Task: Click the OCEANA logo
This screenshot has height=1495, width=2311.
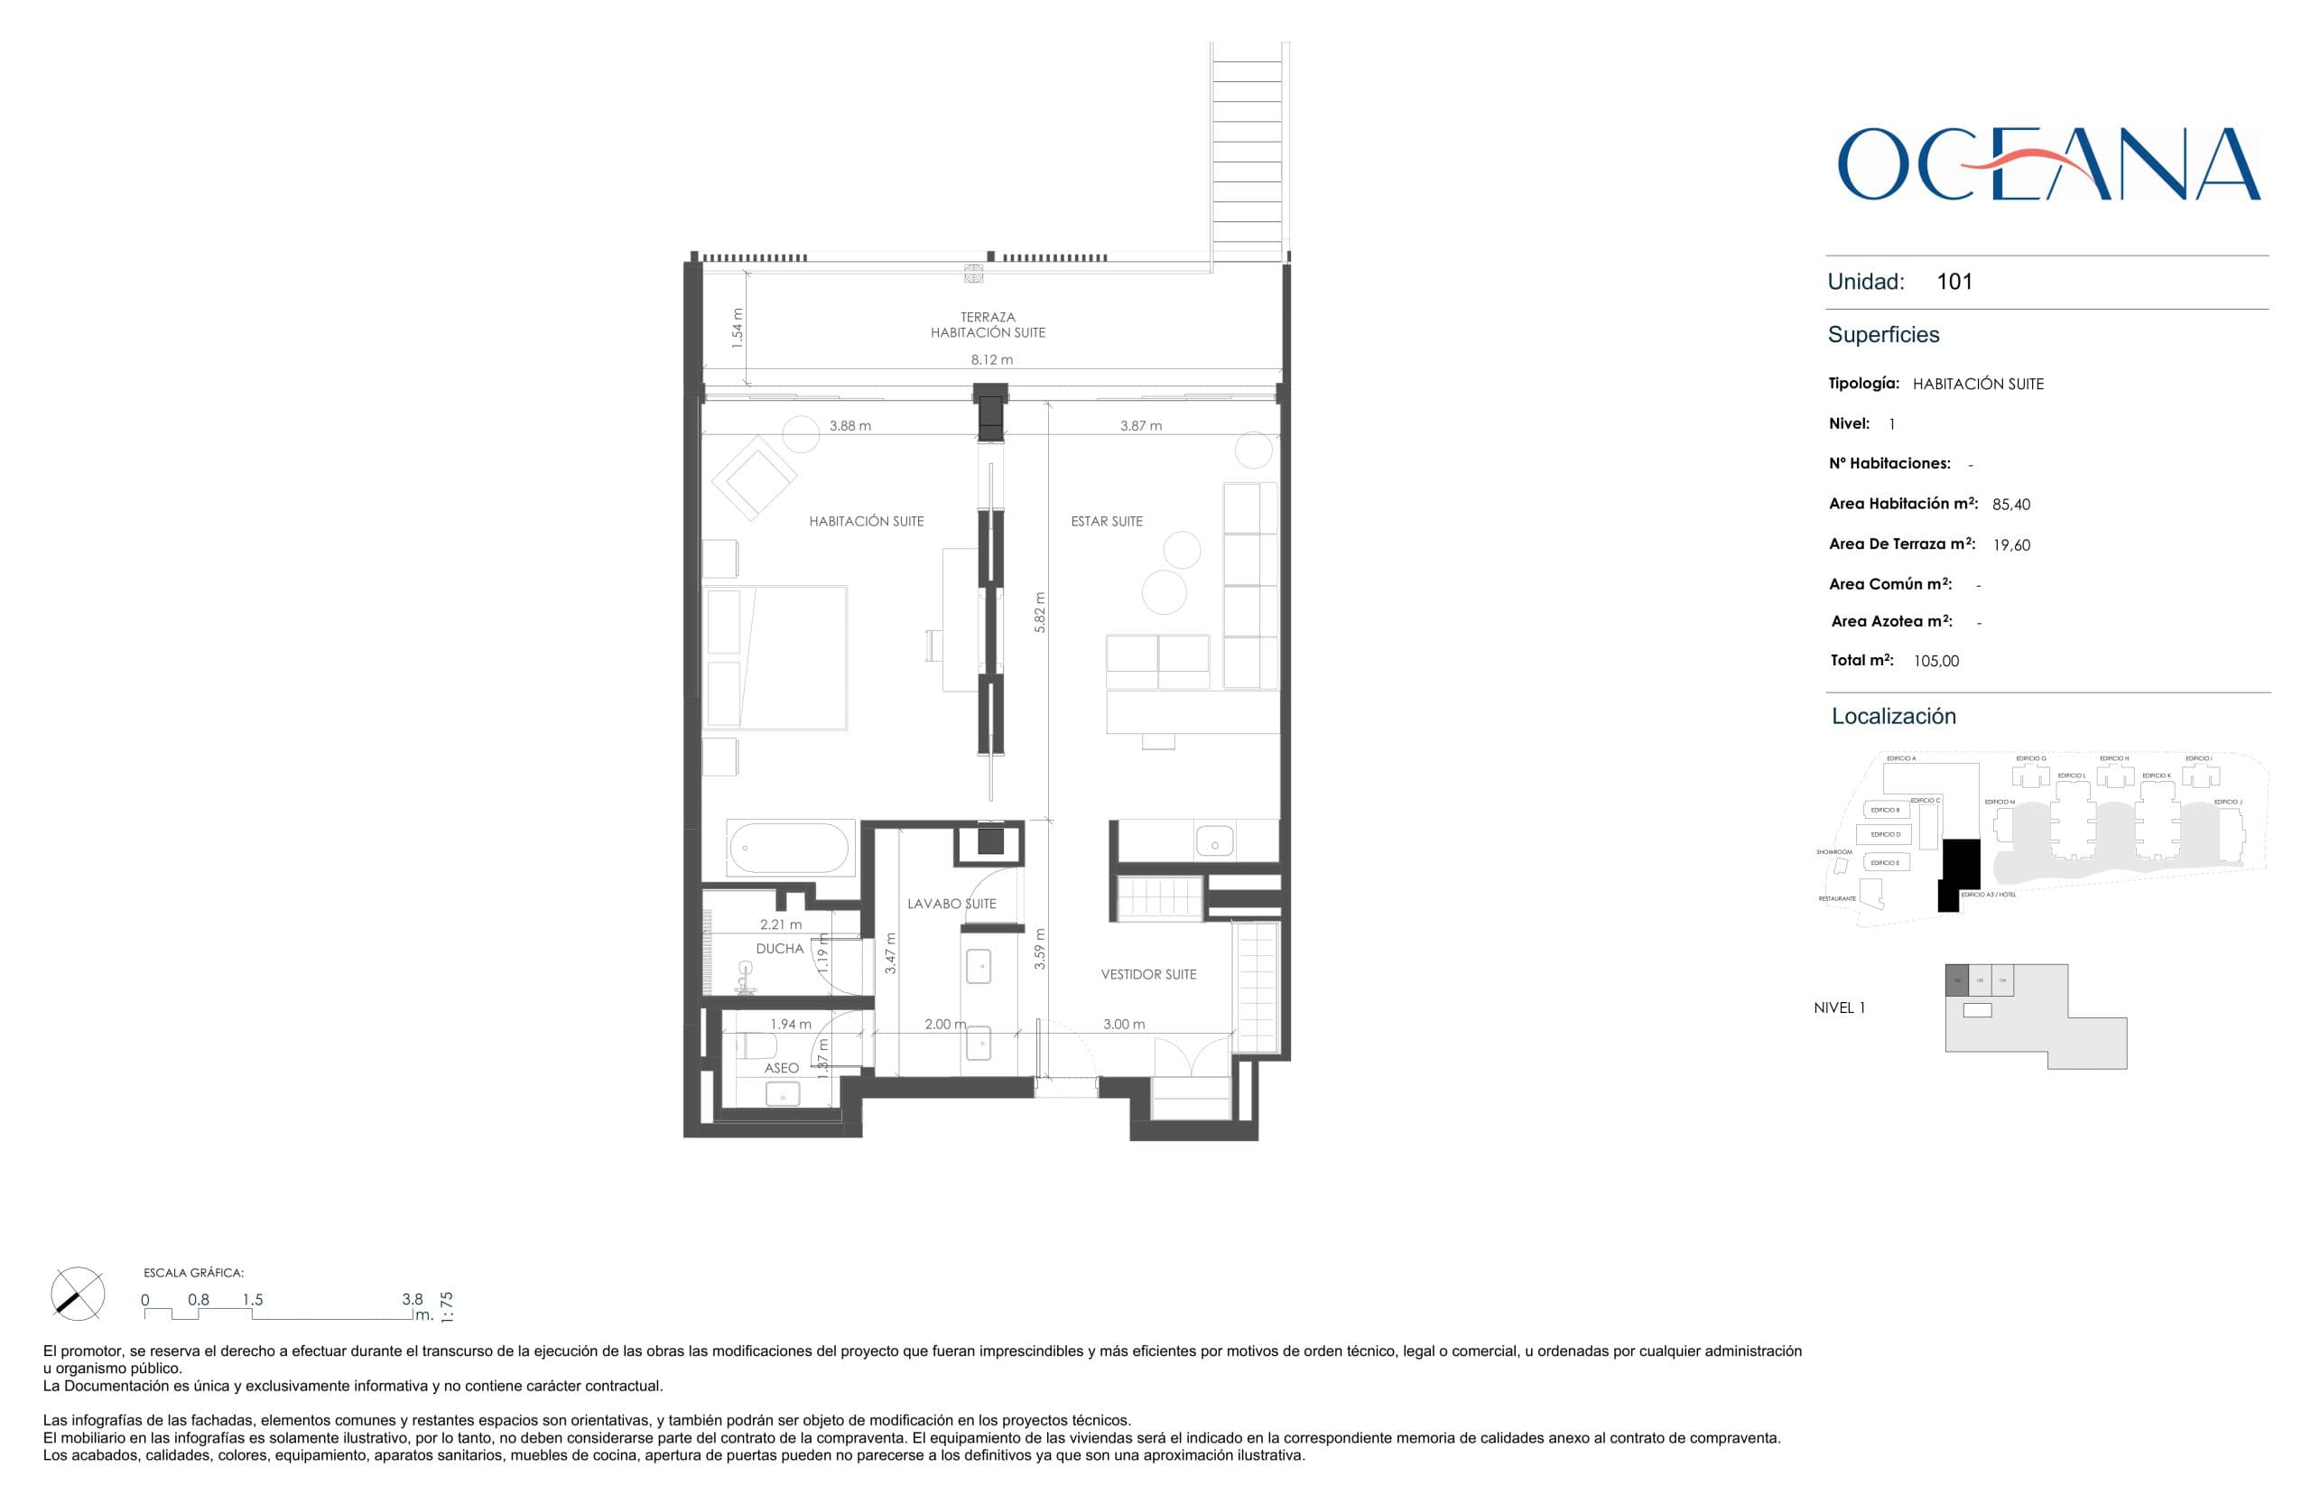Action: (2048, 164)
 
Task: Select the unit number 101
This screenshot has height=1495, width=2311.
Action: (1954, 282)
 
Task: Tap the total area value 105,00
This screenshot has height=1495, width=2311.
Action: (1935, 661)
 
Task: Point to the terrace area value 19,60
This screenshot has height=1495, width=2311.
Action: (2011, 545)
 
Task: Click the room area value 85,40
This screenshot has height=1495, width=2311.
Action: (2010, 505)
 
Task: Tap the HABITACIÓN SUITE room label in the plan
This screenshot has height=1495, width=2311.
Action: (866, 521)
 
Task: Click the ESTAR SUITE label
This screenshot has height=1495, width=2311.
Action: (1107, 521)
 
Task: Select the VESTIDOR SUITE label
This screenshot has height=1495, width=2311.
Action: (1148, 975)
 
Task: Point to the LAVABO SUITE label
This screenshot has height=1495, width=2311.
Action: (951, 904)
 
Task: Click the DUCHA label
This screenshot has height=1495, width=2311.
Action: (779, 949)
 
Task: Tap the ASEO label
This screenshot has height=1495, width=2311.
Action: (782, 1068)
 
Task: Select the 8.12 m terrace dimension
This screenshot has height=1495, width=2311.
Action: (991, 359)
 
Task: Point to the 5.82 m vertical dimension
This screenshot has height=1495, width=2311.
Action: (1040, 613)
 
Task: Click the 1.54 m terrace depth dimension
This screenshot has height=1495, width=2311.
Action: (738, 328)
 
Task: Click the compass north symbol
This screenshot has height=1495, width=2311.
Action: (78, 1293)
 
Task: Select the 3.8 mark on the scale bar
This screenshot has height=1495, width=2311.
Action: (413, 1299)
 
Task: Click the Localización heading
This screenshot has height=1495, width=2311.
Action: (1893, 717)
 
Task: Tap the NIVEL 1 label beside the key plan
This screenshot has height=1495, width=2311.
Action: (1839, 1007)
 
